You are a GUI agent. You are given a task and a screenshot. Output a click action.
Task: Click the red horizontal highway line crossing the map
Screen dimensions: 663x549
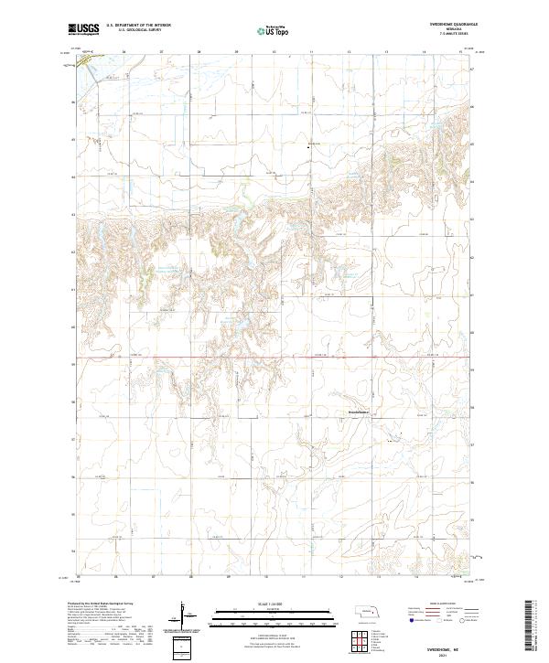[x=274, y=358]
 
